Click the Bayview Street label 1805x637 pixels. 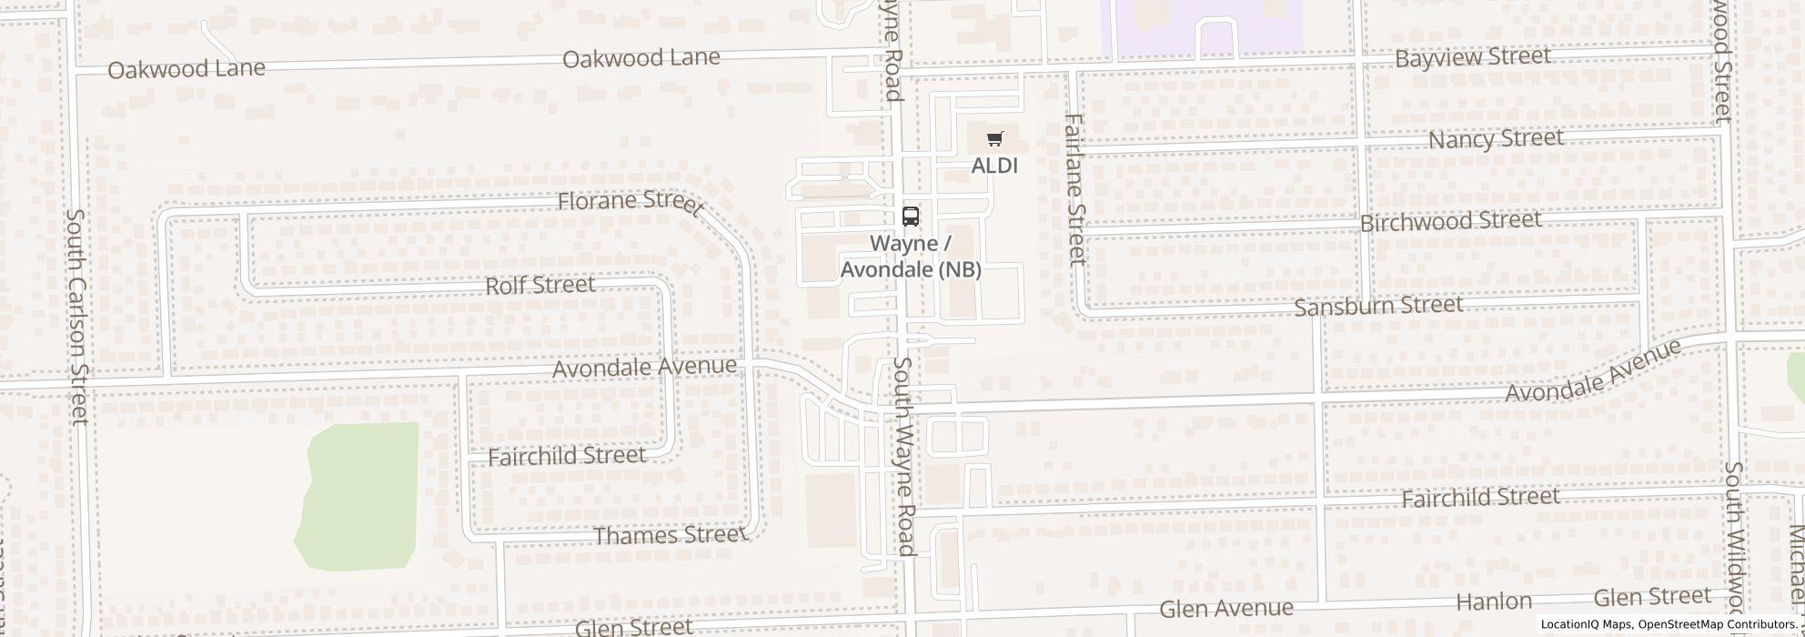1472,57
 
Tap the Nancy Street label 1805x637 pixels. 1496,139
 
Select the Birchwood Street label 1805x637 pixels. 1450,221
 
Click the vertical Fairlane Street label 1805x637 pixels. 1075,189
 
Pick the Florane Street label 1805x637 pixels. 630,202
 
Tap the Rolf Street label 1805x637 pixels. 540,286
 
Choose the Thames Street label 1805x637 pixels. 670,534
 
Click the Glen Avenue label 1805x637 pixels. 1226,608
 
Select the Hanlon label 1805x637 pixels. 1494,602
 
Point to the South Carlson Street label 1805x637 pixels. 77,317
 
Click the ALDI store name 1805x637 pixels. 994,166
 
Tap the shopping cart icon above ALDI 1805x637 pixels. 995,139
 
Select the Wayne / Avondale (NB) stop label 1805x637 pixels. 910,257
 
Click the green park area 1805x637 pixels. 359,491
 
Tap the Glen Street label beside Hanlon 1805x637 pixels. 1652,597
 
